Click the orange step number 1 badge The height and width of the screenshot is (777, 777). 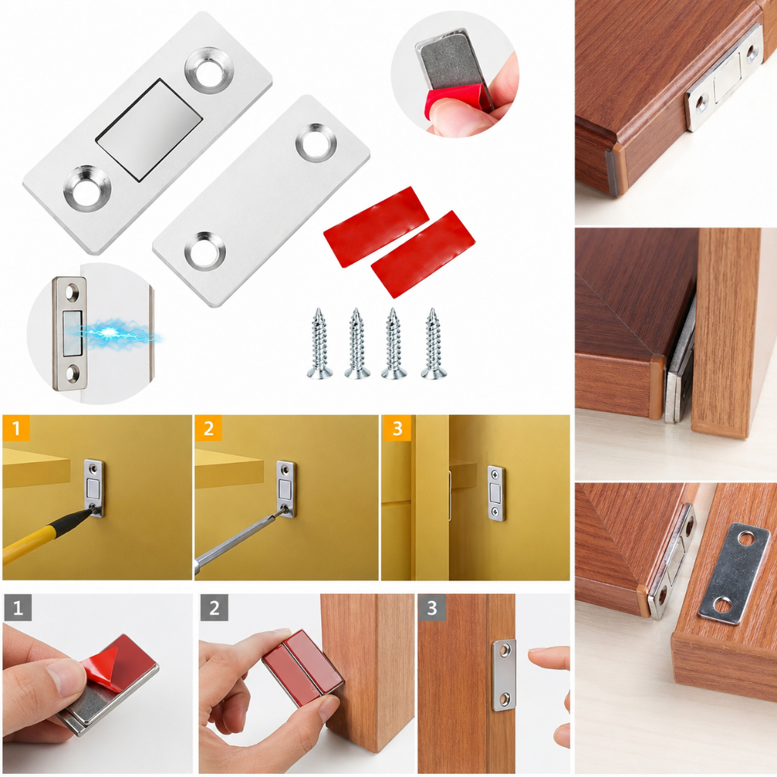16,428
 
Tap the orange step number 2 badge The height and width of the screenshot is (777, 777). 208,428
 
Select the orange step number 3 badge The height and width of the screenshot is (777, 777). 397,428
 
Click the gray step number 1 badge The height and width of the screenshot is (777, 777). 17,608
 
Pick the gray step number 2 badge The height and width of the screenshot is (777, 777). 214,608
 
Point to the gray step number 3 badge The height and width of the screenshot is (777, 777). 432,608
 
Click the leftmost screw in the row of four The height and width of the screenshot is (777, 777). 319,343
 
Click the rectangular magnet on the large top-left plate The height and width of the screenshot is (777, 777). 149,130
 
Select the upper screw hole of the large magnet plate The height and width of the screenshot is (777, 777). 210,69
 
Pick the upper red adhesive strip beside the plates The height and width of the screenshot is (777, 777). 376,226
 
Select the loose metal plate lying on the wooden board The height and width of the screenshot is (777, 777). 728,574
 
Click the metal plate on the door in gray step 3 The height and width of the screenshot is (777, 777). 505,675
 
